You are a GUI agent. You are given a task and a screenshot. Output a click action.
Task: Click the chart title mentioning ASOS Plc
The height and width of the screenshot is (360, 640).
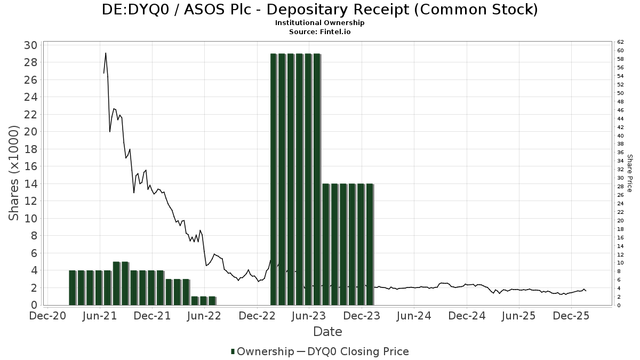point(319,10)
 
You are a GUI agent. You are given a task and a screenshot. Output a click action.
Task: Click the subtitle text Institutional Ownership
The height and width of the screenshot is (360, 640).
point(319,23)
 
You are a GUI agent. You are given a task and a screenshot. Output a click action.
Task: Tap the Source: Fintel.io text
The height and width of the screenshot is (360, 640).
point(319,31)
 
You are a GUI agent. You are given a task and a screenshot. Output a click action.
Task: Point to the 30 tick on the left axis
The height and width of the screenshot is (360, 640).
point(31,45)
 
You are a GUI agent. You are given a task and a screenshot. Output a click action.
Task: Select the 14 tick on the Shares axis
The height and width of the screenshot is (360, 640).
point(31,184)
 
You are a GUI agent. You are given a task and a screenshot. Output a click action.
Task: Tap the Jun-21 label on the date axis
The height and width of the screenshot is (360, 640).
point(100,316)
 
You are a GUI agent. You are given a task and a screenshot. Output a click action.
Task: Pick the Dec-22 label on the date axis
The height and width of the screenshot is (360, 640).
point(257,316)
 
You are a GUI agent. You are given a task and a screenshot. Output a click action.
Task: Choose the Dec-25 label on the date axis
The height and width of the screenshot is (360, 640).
point(571,316)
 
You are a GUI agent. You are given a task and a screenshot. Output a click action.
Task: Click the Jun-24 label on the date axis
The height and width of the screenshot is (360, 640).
point(414,316)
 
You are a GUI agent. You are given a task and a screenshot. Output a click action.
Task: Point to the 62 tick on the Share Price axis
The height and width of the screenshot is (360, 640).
point(620,42)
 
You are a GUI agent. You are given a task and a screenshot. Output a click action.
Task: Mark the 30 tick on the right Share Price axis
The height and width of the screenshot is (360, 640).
point(620,178)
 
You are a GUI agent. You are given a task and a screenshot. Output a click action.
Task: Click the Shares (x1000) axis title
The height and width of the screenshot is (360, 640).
point(14,173)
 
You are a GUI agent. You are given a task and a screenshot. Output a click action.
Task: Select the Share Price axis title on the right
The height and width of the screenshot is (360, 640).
point(630,173)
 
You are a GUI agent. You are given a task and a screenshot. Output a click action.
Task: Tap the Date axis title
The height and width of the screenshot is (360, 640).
point(327,332)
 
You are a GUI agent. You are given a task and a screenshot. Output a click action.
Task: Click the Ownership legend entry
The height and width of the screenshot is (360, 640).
point(262,351)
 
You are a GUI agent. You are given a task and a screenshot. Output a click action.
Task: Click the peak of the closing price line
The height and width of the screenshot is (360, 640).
point(106,53)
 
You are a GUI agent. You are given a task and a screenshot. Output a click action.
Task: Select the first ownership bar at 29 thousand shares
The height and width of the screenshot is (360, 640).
point(274,179)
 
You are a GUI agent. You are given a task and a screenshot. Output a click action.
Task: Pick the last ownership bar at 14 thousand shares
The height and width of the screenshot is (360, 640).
point(370,244)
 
